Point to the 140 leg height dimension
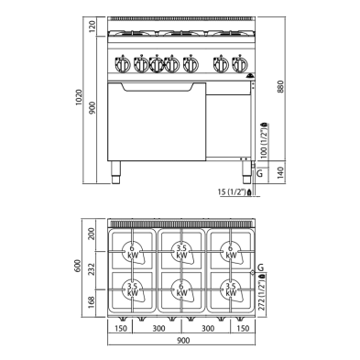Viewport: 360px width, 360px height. [281, 171]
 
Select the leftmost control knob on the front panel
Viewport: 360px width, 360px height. [122, 65]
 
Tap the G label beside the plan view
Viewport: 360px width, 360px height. [260, 267]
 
